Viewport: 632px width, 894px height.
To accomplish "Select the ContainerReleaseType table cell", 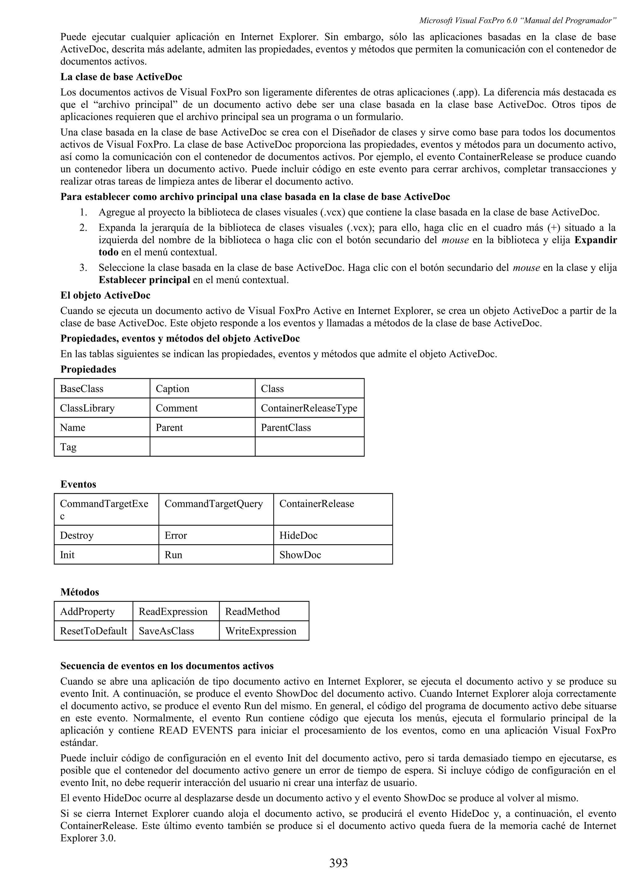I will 309,408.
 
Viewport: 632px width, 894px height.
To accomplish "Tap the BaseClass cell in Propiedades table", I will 82,389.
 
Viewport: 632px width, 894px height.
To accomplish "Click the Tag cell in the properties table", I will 69,447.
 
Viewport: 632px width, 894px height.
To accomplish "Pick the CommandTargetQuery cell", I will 214,504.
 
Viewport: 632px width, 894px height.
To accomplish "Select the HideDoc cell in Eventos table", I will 298,536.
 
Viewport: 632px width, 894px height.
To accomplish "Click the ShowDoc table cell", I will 300,555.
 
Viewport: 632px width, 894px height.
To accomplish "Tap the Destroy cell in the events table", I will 77,536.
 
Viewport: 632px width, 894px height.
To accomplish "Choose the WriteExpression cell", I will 260,631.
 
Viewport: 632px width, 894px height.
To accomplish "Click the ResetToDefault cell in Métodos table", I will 94,631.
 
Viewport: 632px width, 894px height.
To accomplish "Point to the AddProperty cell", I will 87,611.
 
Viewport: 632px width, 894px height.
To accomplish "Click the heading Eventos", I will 78,484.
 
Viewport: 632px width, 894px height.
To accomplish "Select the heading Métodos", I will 80,592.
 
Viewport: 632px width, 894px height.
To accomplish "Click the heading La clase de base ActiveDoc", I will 121,77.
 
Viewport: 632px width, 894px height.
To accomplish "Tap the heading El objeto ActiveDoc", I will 105,296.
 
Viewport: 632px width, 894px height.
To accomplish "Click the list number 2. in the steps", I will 83,228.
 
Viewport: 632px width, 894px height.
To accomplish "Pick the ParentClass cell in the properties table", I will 286,428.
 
